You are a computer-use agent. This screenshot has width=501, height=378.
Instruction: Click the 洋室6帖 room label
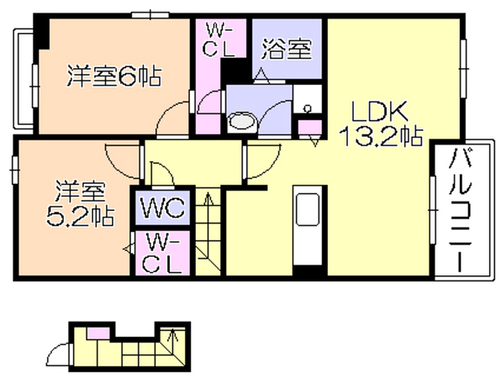(114, 76)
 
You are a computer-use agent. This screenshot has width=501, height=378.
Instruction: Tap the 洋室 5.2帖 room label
(80, 203)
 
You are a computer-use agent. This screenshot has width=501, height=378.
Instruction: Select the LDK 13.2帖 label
(380, 123)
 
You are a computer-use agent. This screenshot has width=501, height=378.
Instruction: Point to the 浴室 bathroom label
(287, 49)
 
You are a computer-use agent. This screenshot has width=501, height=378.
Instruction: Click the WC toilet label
(162, 207)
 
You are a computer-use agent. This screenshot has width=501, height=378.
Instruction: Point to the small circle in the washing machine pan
(308, 108)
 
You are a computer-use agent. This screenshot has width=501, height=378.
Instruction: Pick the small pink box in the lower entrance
(98, 333)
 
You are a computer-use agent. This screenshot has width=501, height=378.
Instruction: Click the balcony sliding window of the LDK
(433, 210)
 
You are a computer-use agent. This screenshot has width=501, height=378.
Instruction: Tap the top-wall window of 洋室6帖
(150, 15)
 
